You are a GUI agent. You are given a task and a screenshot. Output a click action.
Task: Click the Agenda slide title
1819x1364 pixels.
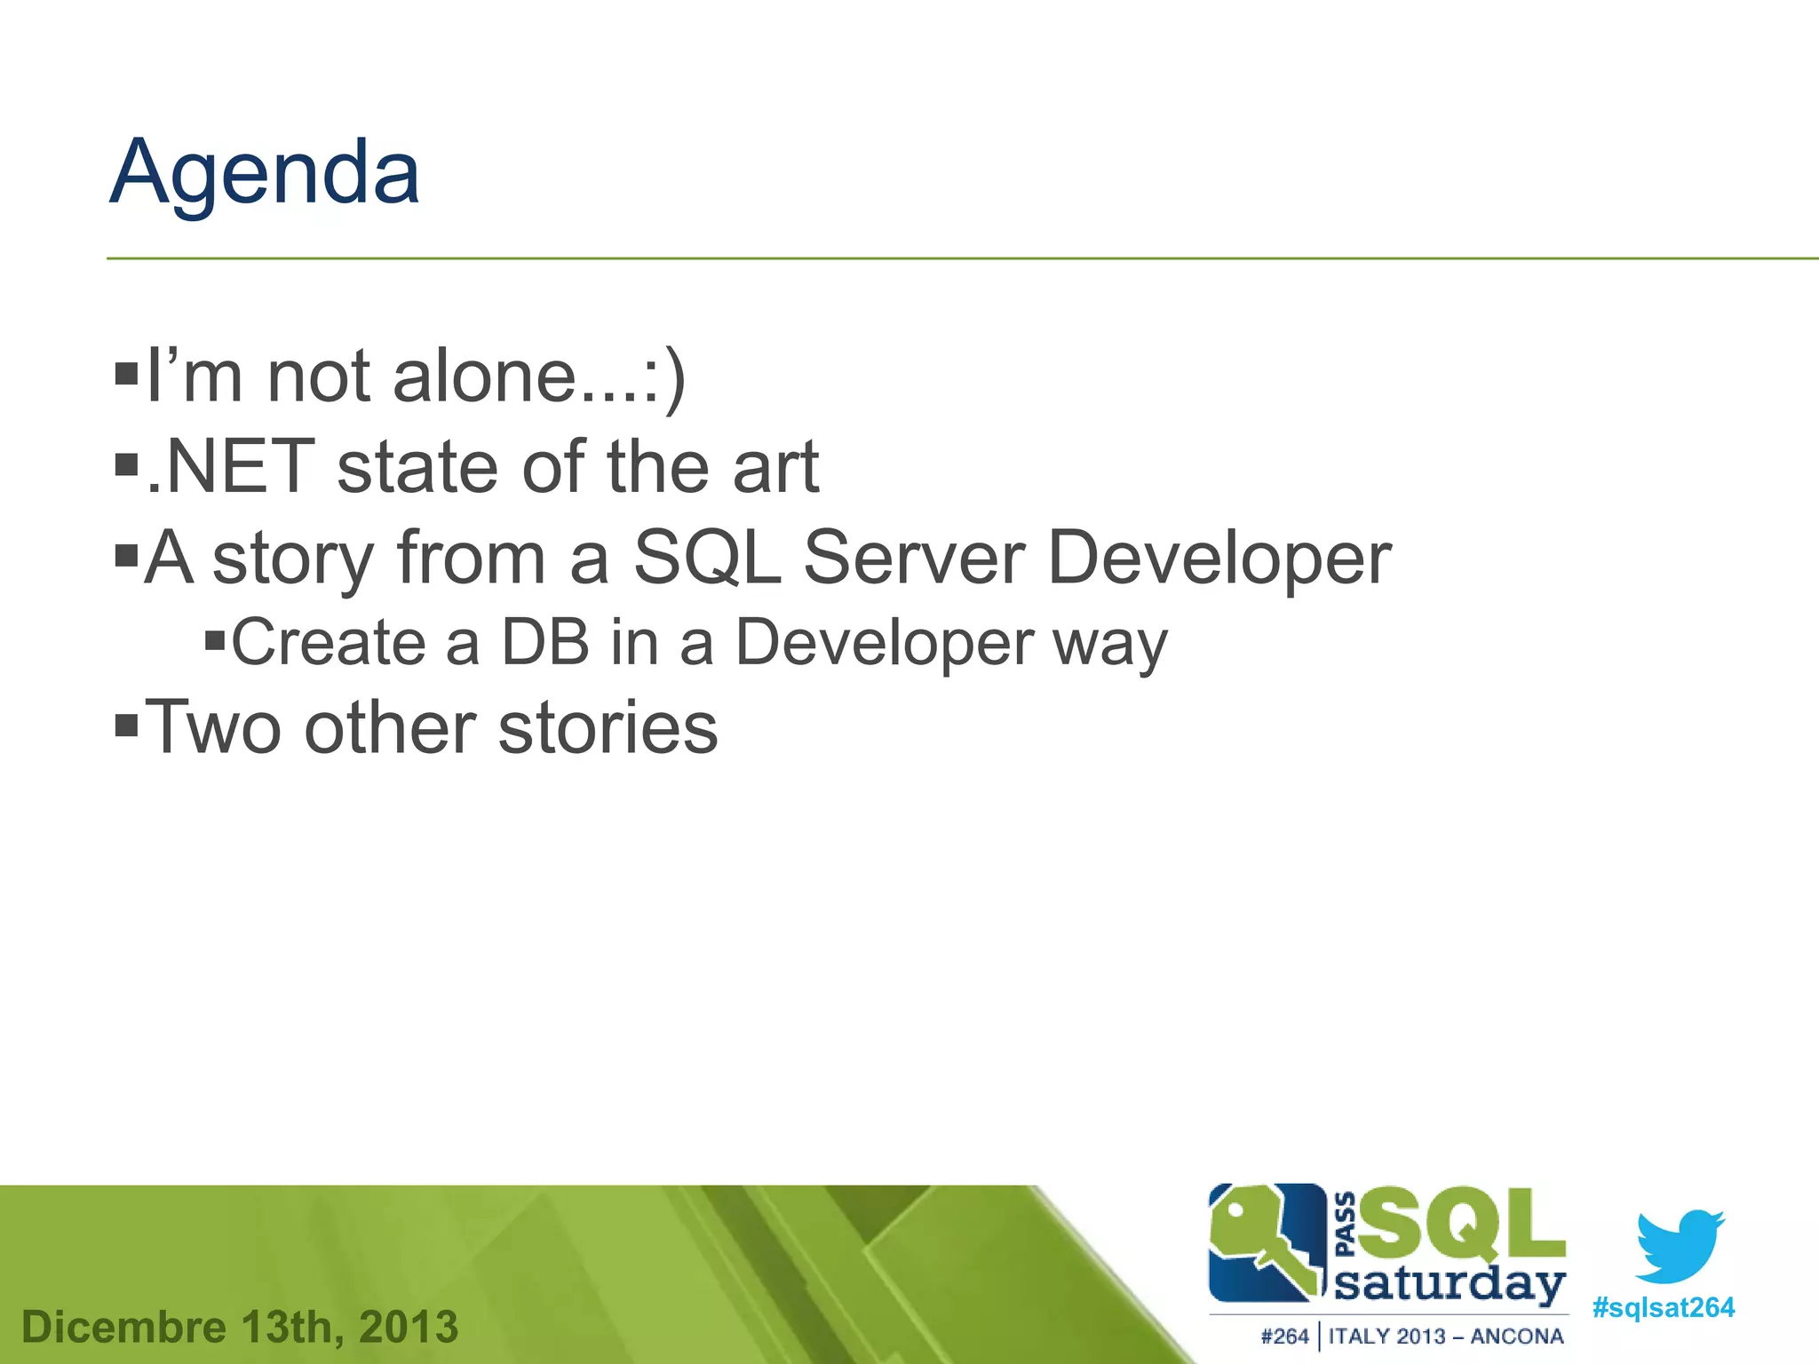(265, 173)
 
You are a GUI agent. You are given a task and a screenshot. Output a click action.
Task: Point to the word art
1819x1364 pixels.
(774, 467)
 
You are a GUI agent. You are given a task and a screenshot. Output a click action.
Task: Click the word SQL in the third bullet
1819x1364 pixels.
(708, 558)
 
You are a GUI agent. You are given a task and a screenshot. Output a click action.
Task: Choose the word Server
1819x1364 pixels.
(914, 558)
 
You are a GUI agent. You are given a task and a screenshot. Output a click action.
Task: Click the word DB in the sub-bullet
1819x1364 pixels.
(545, 642)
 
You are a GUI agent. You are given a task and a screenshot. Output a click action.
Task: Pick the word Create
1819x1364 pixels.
(329, 642)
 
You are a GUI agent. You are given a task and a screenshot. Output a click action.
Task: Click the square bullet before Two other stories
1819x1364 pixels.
(127, 725)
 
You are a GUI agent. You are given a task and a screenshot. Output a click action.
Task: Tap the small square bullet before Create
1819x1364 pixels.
(215, 639)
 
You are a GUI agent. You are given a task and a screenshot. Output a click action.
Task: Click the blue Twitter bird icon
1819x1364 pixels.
(1678, 1245)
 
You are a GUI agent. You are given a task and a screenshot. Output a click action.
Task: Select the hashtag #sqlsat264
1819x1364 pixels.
(1663, 1308)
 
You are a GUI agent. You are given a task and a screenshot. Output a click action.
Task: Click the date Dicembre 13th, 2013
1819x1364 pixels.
(240, 1328)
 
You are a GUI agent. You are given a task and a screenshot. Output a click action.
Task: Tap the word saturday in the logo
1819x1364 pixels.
(1450, 1285)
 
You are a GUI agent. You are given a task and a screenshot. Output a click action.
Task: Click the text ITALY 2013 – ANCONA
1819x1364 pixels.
(1445, 1336)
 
